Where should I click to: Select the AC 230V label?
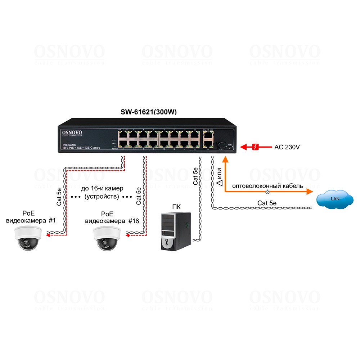(x=287, y=147)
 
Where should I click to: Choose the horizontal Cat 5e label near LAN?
(x=267, y=203)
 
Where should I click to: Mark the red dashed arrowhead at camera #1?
(x=48, y=236)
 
